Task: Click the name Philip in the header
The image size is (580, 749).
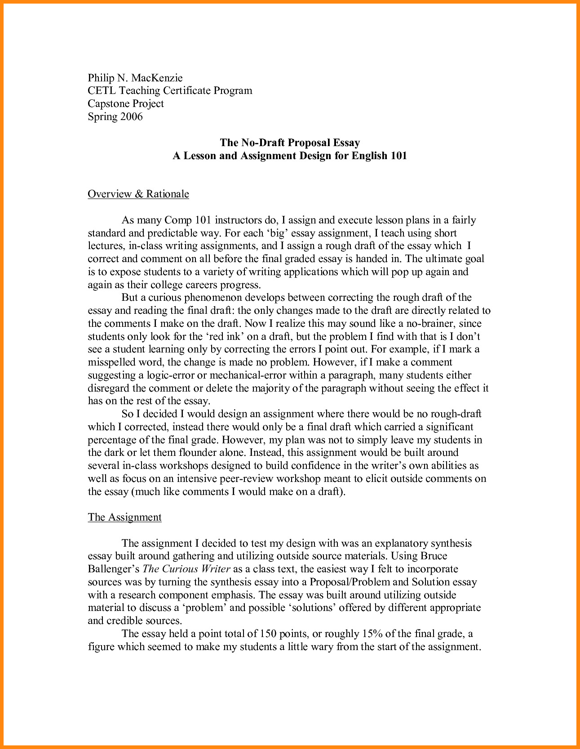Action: pyautogui.click(x=102, y=78)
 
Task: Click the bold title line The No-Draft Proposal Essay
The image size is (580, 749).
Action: pyautogui.click(x=290, y=143)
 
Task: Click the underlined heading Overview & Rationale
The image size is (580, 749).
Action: pyautogui.click(x=138, y=194)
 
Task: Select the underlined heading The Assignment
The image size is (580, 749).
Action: pyautogui.click(x=124, y=517)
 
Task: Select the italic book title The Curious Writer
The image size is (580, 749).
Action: pyautogui.click(x=186, y=569)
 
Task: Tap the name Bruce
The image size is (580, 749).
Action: pyautogui.click(x=434, y=556)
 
